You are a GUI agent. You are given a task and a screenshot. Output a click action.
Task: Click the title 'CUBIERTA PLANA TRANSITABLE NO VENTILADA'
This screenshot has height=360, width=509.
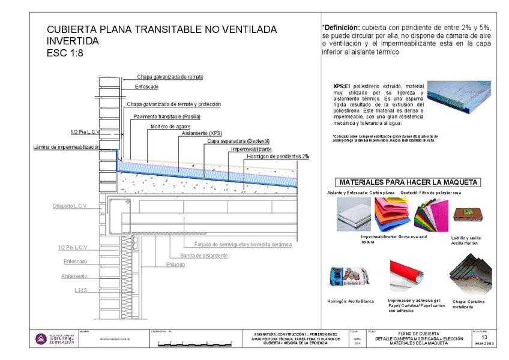point(161,29)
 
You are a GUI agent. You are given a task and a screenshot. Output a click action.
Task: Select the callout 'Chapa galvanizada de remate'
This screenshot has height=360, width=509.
point(170,77)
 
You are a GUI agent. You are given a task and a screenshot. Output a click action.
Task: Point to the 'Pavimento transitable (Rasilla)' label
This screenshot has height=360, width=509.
point(167,116)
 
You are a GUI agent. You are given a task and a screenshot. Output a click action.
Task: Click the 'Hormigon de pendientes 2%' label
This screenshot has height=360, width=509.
point(278,156)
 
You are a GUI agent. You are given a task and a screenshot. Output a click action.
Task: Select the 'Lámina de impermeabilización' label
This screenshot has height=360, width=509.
point(66,147)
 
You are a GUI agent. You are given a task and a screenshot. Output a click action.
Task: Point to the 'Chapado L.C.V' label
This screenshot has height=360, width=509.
point(70,206)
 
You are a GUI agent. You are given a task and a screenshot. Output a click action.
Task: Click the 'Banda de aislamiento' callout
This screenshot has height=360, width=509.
point(204,256)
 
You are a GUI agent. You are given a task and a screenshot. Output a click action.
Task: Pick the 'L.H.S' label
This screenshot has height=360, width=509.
point(81,290)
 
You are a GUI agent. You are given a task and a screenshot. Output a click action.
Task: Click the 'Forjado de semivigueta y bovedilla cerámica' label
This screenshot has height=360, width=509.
point(243,244)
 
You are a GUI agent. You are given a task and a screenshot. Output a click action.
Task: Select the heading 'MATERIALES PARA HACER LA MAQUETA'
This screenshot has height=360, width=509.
point(408,182)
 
